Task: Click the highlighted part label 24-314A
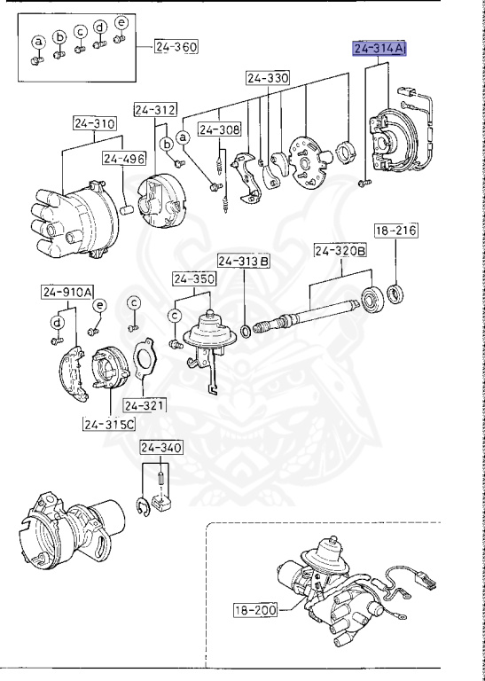click(379, 49)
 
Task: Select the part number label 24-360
click(176, 46)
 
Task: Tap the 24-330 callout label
click(268, 78)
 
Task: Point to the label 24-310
click(94, 123)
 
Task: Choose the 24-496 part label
click(124, 159)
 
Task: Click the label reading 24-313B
click(243, 262)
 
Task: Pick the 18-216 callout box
click(395, 231)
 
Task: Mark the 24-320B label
click(340, 251)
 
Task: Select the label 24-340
click(161, 447)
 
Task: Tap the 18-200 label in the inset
click(255, 610)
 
